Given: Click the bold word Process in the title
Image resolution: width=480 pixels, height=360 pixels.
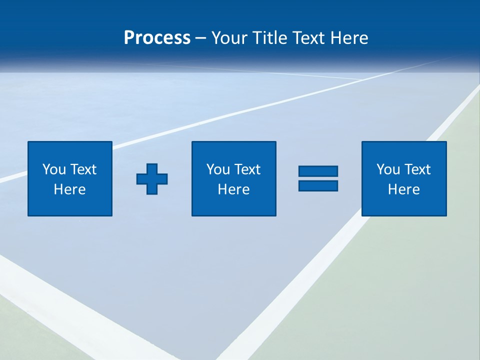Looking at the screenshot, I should (157, 38).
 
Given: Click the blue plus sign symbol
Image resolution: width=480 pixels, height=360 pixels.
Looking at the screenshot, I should (152, 178).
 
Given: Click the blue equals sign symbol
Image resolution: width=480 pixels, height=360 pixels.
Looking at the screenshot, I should (318, 178).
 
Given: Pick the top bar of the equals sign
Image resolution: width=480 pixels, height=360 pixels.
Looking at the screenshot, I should (318, 171).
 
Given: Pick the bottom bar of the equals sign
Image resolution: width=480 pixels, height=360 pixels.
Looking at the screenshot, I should (318, 185).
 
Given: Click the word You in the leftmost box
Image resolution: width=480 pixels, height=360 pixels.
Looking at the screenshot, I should (54, 169).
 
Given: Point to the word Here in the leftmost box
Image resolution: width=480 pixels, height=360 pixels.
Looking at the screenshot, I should (70, 189).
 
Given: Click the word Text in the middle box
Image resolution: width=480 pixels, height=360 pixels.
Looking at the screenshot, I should (247, 169).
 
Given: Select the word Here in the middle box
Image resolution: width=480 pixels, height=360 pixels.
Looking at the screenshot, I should (234, 189).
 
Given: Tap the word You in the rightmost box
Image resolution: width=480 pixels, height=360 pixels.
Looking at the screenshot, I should (388, 169).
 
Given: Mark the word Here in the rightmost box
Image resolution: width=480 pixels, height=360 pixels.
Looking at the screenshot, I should (404, 189).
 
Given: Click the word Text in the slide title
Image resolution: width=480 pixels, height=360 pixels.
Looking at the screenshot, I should (309, 38).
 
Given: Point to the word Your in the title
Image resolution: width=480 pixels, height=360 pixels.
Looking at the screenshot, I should (227, 38).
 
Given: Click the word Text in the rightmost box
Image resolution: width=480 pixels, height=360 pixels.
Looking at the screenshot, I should (417, 169).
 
